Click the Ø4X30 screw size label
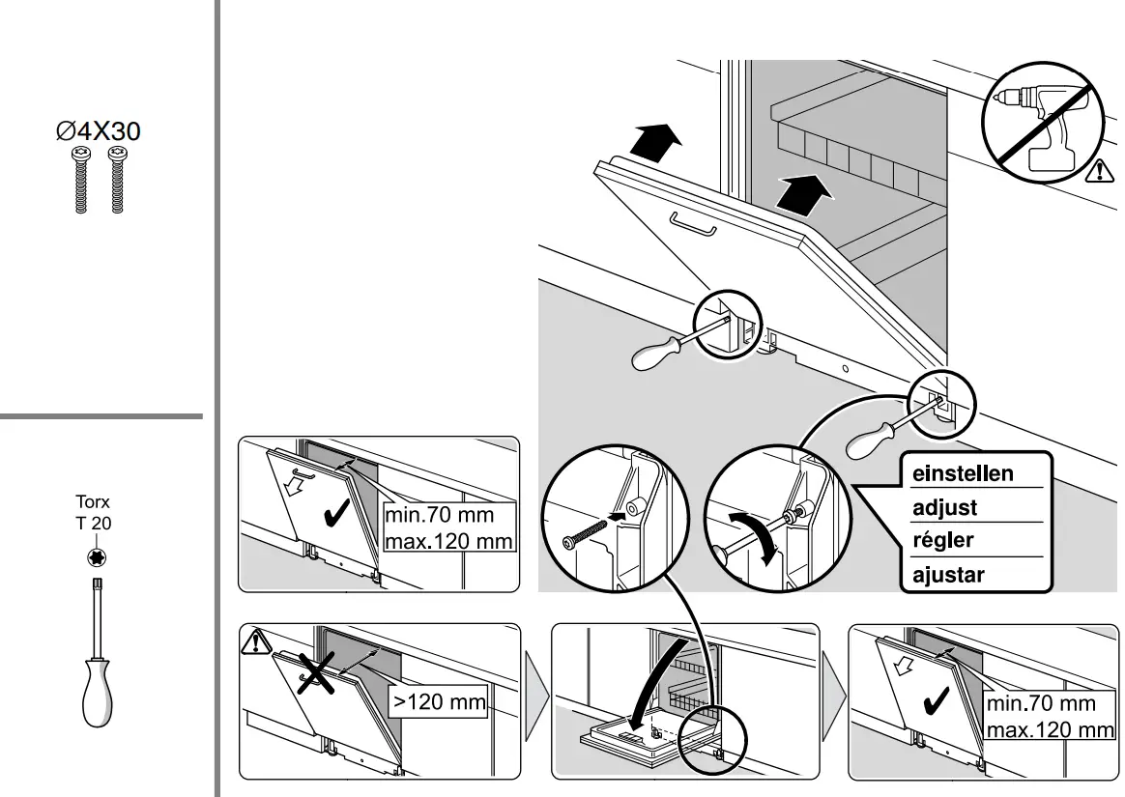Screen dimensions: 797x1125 coord(98,133)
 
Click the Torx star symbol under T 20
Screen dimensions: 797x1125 coord(97,557)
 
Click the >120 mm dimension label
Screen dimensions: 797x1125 coord(437,701)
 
